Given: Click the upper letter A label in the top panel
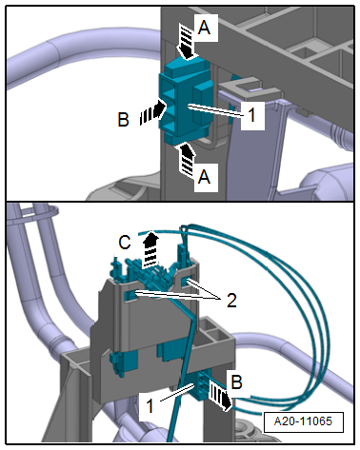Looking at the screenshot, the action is click(204, 28).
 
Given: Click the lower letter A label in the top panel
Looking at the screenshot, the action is click(204, 176).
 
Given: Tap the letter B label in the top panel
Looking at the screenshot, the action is click(123, 120).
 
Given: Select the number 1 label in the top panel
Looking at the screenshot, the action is click(251, 115).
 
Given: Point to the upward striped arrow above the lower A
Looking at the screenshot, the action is click(188, 160).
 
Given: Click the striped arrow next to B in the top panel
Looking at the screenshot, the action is click(152, 112).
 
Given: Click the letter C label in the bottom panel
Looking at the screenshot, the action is click(125, 243).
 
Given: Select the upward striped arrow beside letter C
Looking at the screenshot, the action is click(150, 249).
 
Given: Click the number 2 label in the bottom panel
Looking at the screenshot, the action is click(231, 300).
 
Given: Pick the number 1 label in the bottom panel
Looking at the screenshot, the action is click(150, 405).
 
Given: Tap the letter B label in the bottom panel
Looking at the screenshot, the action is click(237, 382).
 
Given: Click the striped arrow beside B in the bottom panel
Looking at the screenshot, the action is click(220, 396).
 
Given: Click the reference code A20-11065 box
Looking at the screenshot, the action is click(303, 421).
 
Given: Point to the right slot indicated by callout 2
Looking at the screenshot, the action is click(187, 282).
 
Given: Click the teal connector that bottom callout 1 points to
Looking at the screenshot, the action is click(199, 386).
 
